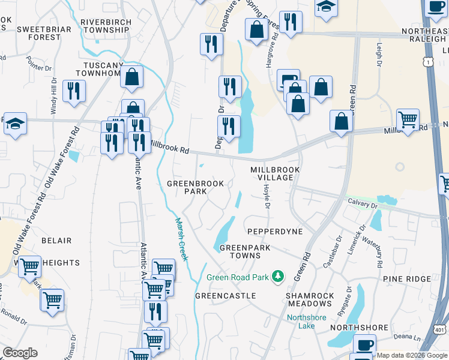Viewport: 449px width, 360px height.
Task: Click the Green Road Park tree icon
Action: pos(278,277)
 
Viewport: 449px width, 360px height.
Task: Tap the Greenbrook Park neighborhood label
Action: pos(195,187)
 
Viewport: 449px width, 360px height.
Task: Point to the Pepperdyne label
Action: pos(271,231)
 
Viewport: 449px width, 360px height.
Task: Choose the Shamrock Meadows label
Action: pos(310,301)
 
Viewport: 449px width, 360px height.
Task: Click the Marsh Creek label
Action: pos(181,238)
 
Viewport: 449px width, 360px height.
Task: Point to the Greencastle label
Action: pos(226,296)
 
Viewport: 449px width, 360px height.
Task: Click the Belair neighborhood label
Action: pos(56,241)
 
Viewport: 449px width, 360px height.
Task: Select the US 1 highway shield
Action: pos(427,61)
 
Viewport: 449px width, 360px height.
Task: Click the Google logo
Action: pos(20,353)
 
